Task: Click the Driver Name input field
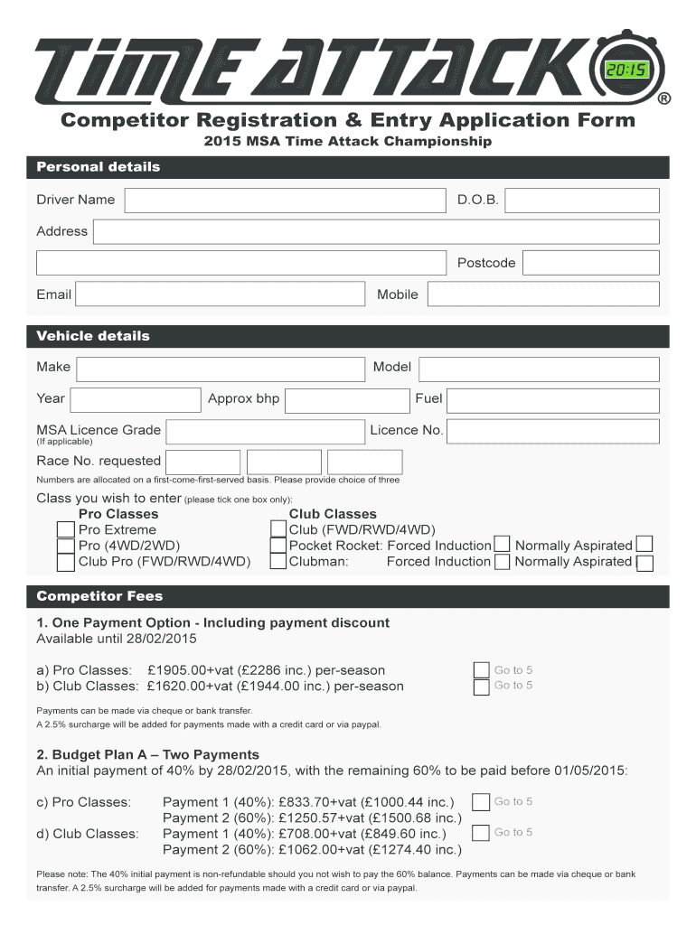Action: click(x=285, y=201)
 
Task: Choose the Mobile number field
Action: click(x=542, y=294)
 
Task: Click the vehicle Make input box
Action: click(x=221, y=368)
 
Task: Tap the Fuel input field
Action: click(x=553, y=399)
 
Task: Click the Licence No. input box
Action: click(x=553, y=431)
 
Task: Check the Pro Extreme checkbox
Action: click(x=66, y=530)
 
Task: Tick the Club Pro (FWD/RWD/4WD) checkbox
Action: click(x=66, y=562)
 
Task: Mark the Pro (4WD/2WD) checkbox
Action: click(x=66, y=546)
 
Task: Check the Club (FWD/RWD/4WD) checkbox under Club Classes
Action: click(x=279, y=530)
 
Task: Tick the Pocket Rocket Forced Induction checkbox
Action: click(x=502, y=546)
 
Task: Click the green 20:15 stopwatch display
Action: click(x=625, y=71)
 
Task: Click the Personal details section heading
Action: click(x=98, y=167)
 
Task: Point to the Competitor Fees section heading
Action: click(x=99, y=597)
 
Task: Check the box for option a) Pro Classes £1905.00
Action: click(x=482, y=670)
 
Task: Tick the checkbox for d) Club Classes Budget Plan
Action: click(x=482, y=833)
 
